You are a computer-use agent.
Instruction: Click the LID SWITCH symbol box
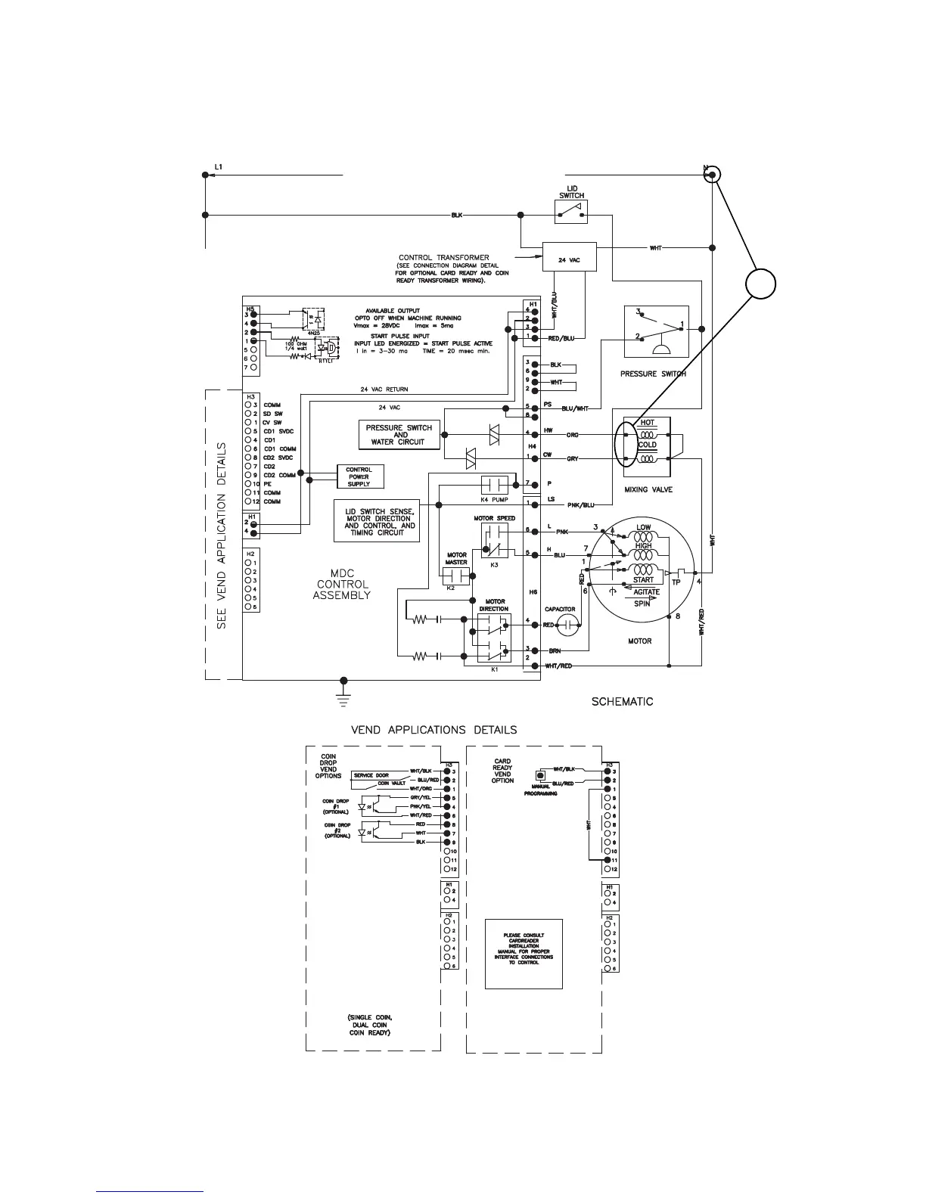pyautogui.click(x=571, y=213)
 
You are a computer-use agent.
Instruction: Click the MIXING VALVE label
pyautogui.click(x=648, y=489)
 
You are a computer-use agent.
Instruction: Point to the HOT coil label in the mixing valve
pyautogui.click(x=648, y=424)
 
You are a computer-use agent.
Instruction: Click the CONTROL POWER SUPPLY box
pyautogui.click(x=359, y=477)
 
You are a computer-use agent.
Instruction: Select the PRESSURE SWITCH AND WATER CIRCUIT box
pyautogui.click(x=400, y=435)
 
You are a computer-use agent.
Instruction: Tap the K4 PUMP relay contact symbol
pyautogui.click(x=497, y=484)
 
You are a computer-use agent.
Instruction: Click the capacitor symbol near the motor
pyautogui.click(x=568, y=624)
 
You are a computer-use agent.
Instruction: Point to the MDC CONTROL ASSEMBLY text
pyautogui.click(x=342, y=584)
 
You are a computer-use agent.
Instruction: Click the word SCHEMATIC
pyautogui.click(x=622, y=701)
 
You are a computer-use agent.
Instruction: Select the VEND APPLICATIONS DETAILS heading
pyautogui.click(x=433, y=730)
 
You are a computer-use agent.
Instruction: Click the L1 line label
pyautogui.click(x=219, y=167)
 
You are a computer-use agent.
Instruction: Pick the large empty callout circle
pyautogui.click(x=760, y=284)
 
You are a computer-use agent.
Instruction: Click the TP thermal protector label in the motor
pyautogui.click(x=676, y=582)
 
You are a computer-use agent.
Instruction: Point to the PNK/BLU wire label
pyautogui.click(x=580, y=504)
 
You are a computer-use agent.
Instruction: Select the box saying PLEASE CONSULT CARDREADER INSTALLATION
pyautogui.click(x=524, y=954)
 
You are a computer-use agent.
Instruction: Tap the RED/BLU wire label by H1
pyautogui.click(x=561, y=338)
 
